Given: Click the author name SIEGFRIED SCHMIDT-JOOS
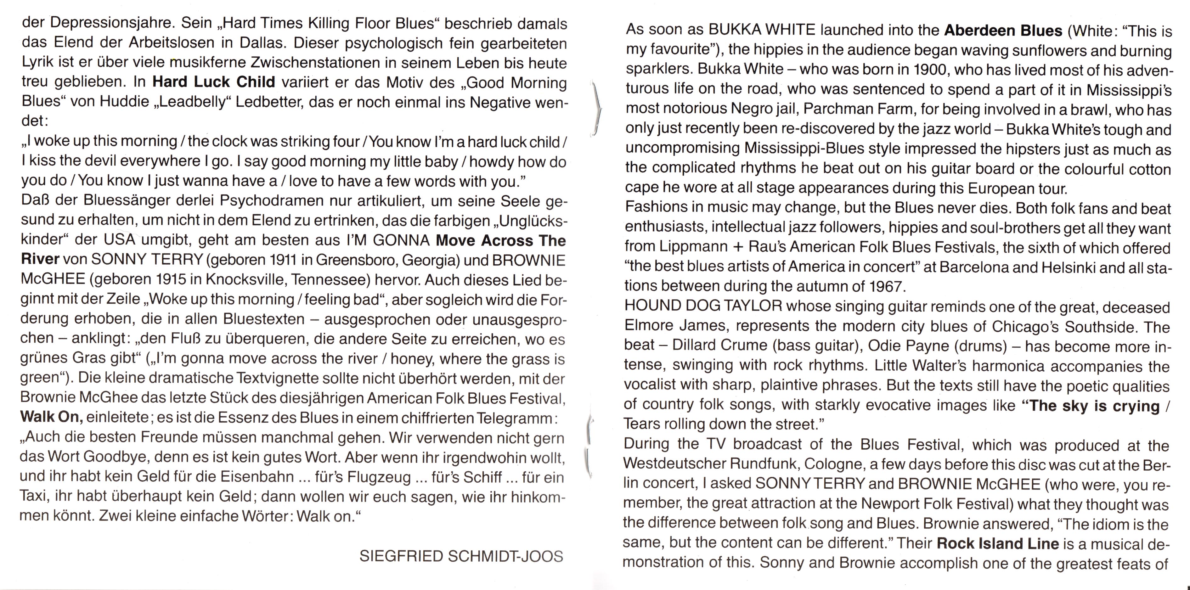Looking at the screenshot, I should [x=461, y=556].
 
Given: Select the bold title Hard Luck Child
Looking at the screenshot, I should [x=214, y=82].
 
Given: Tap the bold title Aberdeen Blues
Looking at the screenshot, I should [x=1003, y=31].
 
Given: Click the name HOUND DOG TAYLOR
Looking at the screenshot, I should [x=703, y=306].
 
